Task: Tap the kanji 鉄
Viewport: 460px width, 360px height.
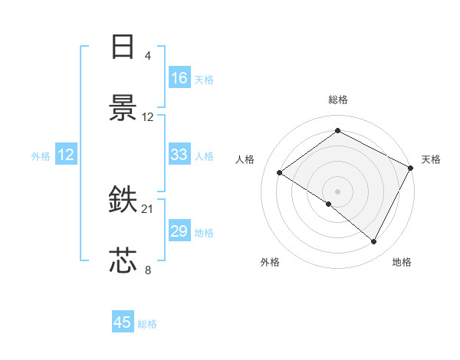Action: click(123, 200)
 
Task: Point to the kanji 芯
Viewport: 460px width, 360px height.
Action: click(123, 261)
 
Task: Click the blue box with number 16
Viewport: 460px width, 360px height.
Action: click(179, 78)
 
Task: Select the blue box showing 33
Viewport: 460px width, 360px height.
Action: click(179, 155)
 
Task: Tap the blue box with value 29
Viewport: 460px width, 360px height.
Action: click(179, 231)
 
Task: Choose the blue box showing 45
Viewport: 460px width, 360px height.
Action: click(123, 322)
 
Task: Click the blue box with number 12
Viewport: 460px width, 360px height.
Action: click(66, 155)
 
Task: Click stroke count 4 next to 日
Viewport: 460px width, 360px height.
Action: click(147, 56)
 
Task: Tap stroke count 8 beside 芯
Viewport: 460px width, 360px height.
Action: click(147, 270)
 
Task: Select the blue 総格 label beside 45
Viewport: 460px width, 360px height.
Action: click(147, 324)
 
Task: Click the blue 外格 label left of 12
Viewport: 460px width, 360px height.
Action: click(41, 156)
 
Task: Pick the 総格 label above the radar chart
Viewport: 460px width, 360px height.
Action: click(337, 100)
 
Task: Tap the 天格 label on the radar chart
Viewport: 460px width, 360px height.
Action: click(431, 159)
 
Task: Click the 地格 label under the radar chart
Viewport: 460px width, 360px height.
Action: click(402, 262)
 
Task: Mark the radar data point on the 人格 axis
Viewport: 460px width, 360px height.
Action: click(280, 172)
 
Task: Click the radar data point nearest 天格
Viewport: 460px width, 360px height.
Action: click(410, 168)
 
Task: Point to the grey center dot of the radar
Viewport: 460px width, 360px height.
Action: click(337, 191)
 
